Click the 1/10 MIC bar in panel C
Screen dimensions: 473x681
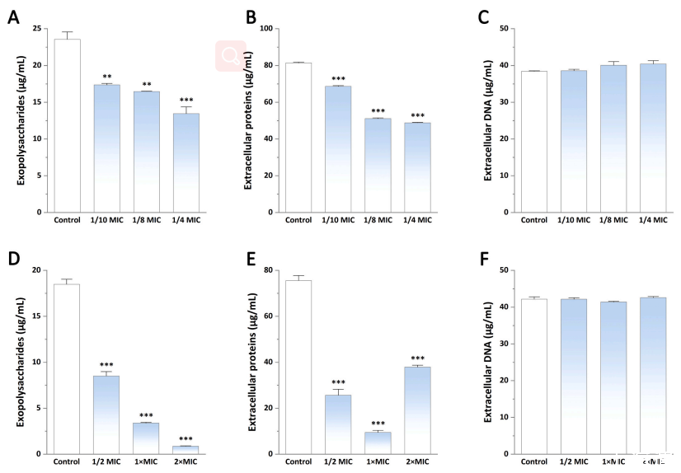[574, 141]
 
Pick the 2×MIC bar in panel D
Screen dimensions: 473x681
[186, 450]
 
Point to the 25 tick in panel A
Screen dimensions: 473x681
[37, 29]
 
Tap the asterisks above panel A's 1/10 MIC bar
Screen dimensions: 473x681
[106, 77]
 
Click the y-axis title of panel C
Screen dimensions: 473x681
[488, 120]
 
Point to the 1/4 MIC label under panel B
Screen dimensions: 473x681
[418, 220]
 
